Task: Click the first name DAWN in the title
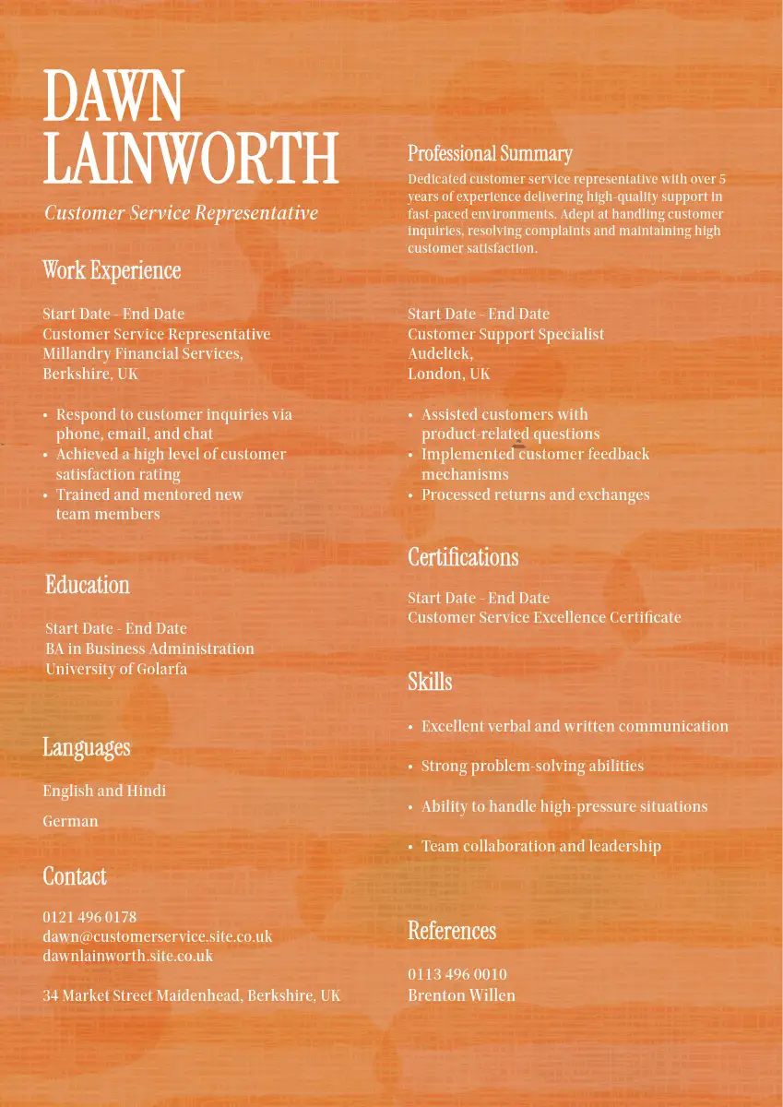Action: point(113,97)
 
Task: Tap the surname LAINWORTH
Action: point(191,159)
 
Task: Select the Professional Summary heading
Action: point(490,154)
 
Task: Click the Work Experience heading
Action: point(112,271)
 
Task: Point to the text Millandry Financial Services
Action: point(142,354)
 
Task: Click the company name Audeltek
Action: point(439,354)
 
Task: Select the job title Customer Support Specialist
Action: point(505,334)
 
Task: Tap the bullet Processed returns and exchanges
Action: point(535,495)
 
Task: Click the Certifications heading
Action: point(463,558)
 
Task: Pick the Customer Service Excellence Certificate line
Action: point(544,618)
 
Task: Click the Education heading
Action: point(88,586)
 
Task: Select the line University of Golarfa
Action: point(116,669)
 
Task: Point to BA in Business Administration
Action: point(149,649)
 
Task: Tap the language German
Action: point(70,821)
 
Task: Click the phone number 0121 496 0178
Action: point(89,917)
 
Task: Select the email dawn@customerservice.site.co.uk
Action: point(157,936)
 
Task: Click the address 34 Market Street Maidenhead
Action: point(191,995)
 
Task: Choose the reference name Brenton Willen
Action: point(461,995)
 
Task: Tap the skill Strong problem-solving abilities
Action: point(532,766)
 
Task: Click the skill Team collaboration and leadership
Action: point(540,846)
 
